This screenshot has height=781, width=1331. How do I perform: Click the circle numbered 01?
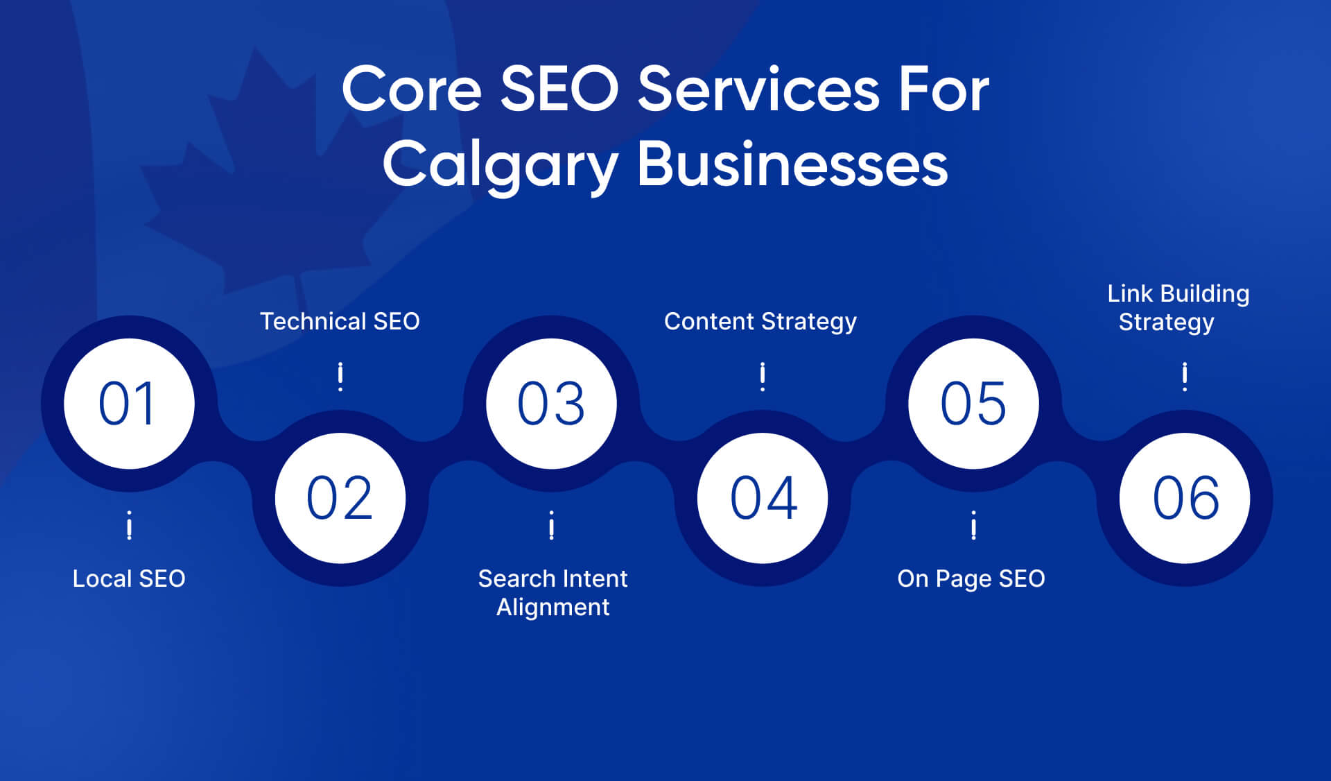click(x=129, y=404)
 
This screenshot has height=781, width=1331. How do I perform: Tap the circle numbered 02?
click(x=340, y=498)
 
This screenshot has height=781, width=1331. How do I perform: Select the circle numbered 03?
click(x=551, y=404)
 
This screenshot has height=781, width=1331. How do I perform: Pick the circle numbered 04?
click(x=763, y=498)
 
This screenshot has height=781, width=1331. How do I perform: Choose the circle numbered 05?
click(x=973, y=404)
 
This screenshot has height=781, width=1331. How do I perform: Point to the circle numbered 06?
click(x=1185, y=498)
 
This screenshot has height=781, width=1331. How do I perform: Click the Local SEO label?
click(x=129, y=578)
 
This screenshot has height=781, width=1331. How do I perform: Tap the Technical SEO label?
click(x=340, y=321)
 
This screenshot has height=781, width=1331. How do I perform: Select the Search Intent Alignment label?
click(x=553, y=592)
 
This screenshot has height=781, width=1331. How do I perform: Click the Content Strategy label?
click(x=760, y=321)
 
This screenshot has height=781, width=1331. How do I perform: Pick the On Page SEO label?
click(x=971, y=578)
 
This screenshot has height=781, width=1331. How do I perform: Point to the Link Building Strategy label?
click(x=1178, y=307)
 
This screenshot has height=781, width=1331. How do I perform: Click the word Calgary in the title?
click(x=500, y=165)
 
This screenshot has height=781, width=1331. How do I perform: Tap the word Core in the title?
click(x=412, y=90)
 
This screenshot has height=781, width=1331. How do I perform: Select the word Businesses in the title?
click(x=792, y=165)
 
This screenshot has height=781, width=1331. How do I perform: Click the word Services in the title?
click(x=758, y=90)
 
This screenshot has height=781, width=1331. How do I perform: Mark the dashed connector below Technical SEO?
click(x=340, y=377)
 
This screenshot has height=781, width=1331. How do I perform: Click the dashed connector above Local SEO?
click(x=129, y=525)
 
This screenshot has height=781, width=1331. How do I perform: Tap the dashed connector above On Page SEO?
click(x=973, y=525)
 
